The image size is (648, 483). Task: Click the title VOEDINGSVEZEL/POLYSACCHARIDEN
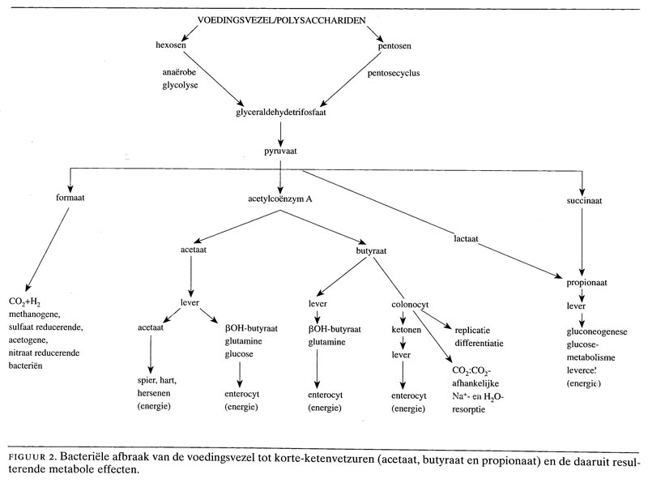tap(280, 19)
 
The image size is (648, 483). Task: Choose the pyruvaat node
tap(280, 152)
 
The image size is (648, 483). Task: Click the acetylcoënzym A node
tap(280, 198)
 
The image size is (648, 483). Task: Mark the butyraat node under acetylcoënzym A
tap(371, 251)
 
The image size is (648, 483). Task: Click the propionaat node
tap(580, 283)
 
